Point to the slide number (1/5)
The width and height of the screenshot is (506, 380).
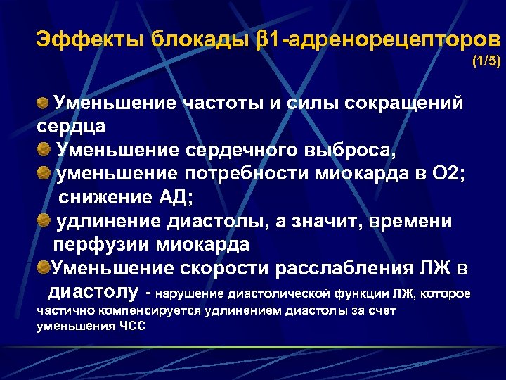(x=486, y=62)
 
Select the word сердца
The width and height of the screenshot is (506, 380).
(x=71, y=127)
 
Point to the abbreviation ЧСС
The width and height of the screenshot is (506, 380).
(x=131, y=326)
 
